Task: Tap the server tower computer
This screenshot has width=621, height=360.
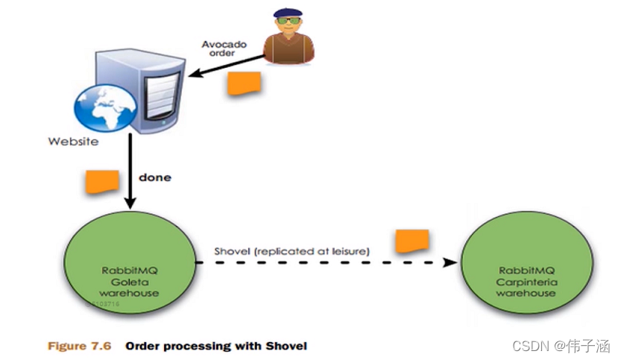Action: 153,86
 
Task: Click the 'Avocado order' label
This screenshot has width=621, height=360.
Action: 224,49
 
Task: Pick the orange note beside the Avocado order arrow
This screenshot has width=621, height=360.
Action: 244,83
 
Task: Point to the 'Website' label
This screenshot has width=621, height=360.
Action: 73,141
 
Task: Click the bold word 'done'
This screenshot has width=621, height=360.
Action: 155,177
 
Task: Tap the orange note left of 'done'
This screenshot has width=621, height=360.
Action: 102,181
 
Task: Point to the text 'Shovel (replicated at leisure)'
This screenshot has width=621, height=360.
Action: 291,251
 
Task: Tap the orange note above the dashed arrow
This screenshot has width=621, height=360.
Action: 412,241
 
